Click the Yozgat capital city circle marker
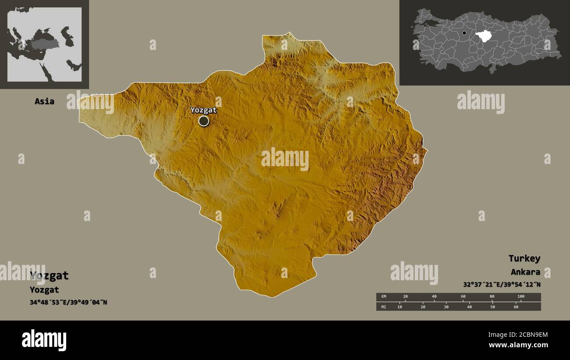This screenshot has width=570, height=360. point(203,121)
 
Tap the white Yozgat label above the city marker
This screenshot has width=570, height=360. point(203,110)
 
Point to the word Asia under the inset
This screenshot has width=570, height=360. point(44,101)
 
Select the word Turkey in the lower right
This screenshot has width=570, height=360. point(524,258)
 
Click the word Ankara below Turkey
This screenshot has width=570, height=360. point(525,272)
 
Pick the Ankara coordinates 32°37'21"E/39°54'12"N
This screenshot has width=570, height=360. point(502,285)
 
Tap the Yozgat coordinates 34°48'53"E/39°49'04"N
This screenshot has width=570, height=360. point(68,302)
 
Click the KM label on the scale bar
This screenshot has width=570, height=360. point(384,297)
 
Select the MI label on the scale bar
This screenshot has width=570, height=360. point(384,307)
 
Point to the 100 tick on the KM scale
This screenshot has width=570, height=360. point(520,297)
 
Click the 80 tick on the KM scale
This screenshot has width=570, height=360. point(492,297)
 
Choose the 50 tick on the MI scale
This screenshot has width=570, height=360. point(492,307)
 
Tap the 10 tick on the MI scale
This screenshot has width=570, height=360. point(399,307)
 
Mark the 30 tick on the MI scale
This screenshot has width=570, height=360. point(446,307)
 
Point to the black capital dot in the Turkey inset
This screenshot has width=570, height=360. point(464,33)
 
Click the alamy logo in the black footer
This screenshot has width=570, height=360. point(44,340)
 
